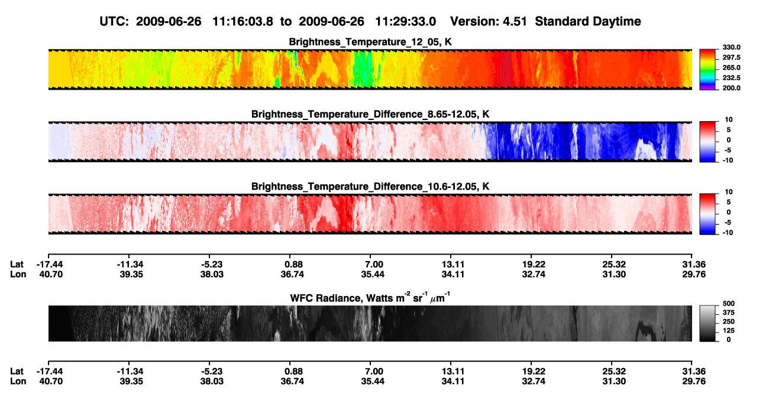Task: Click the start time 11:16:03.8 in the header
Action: click(x=243, y=22)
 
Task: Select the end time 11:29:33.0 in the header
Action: click(x=405, y=22)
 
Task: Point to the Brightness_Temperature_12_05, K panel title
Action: click(x=370, y=42)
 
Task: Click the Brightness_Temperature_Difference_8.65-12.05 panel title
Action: click(x=370, y=114)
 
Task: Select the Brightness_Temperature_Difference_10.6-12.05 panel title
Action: click(x=370, y=187)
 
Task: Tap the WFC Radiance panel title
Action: click(x=370, y=298)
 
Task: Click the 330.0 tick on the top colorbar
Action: click(x=731, y=47)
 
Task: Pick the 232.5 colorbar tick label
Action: click(x=731, y=78)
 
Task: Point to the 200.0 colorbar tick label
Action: click(x=731, y=88)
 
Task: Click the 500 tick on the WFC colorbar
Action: click(x=729, y=304)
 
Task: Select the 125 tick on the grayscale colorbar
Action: click(x=729, y=331)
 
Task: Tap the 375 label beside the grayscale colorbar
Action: click(x=729, y=312)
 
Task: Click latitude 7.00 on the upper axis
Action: click(x=373, y=265)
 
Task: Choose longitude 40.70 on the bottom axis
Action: click(x=50, y=382)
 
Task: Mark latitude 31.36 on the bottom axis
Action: click(x=694, y=372)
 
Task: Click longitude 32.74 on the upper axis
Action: click(x=533, y=274)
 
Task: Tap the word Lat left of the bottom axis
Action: click(x=17, y=372)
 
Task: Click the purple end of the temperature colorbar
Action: click(x=707, y=89)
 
